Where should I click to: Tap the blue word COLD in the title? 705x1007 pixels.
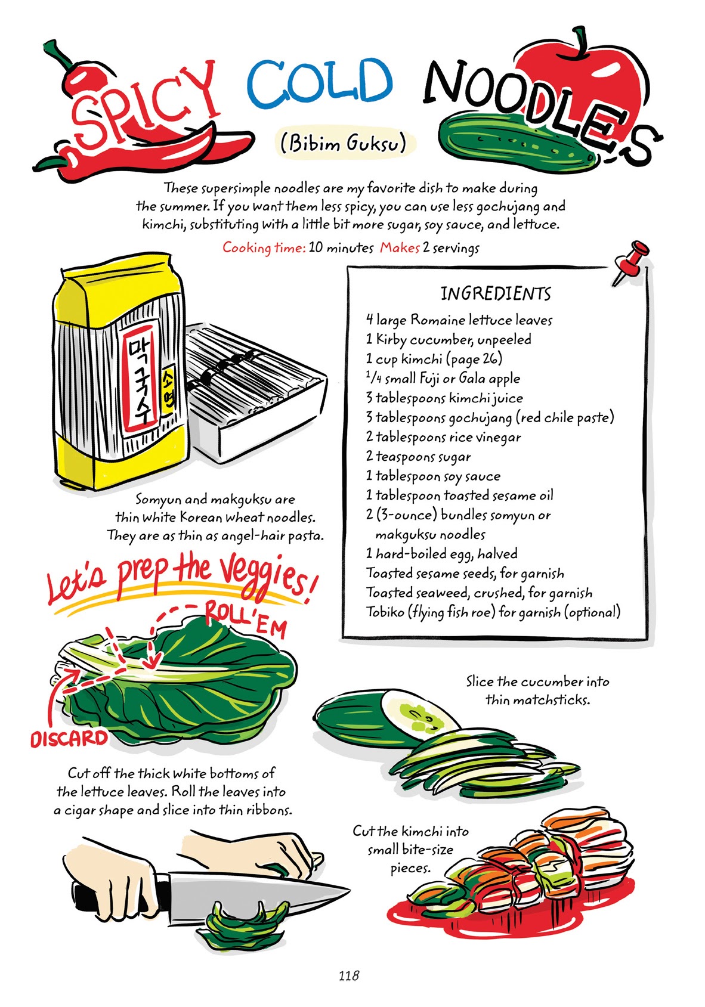(x=320, y=83)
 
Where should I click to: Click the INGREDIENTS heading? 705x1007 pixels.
(x=496, y=294)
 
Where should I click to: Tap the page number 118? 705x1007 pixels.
(x=349, y=975)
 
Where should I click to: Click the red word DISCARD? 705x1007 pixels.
(x=69, y=739)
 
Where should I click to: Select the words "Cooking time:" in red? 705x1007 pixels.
(x=264, y=247)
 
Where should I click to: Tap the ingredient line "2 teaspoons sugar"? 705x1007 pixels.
(x=418, y=457)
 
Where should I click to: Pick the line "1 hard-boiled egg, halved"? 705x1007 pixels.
(x=441, y=554)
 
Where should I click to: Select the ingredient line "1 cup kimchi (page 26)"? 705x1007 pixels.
(x=434, y=359)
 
